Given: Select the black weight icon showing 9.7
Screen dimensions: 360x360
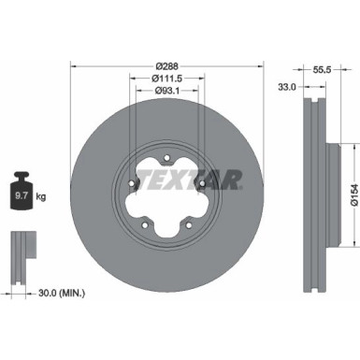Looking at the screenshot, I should [22, 195].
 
